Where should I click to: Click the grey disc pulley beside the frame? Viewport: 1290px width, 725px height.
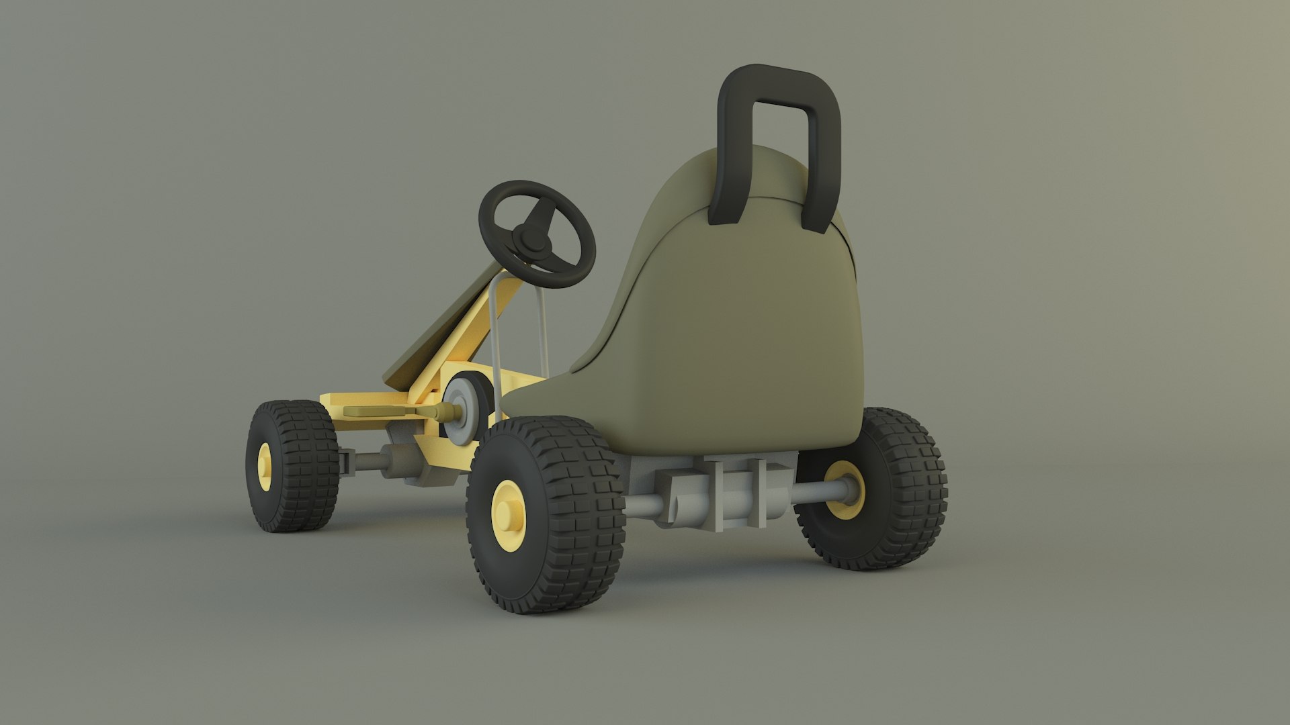coord(463,409)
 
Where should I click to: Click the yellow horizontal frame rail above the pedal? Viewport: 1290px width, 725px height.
coord(356,399)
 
